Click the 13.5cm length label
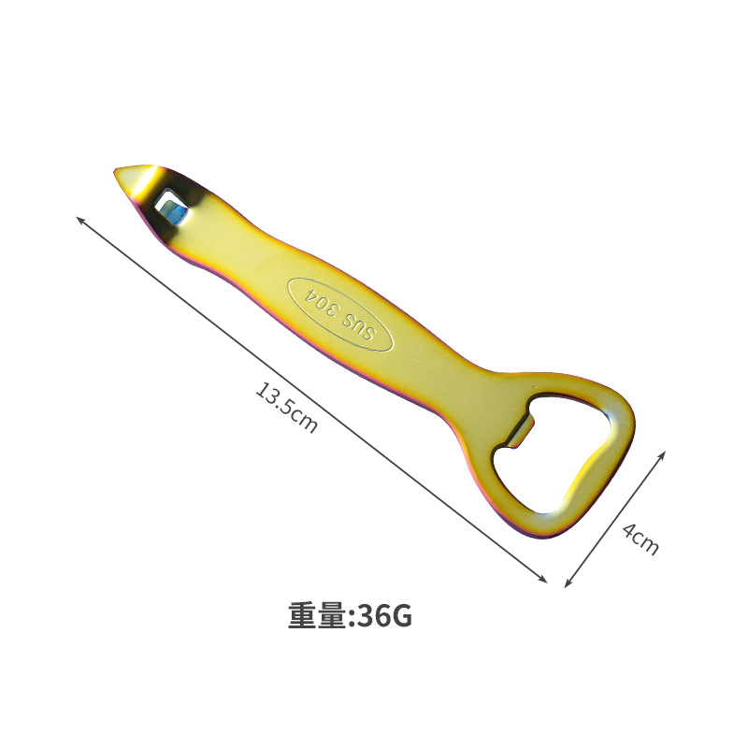tap(287, 407)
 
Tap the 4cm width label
tap(640, 539)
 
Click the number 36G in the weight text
tap(384, 616)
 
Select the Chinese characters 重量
tap(317, 616)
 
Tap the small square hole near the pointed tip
tap(171, 207)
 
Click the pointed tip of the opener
tap(115, 170)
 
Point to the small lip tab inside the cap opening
tap(520, 428)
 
